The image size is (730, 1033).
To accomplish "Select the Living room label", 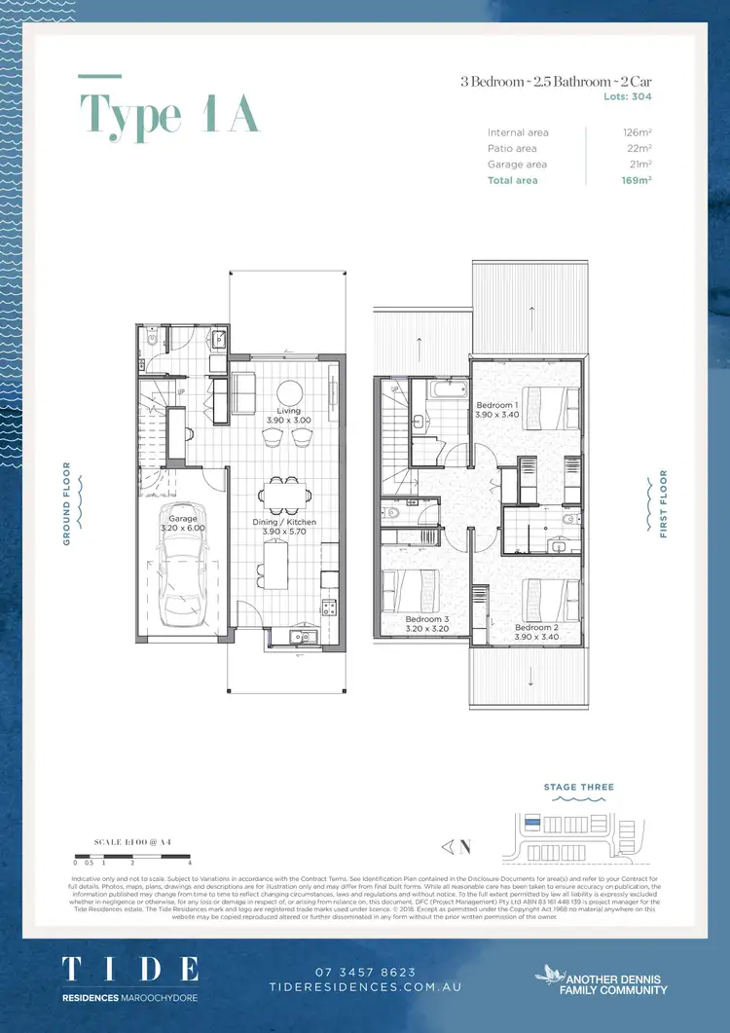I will tap(288, 412).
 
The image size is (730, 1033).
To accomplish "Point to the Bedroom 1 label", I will tap(496, 404).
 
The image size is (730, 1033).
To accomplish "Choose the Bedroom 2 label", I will tap(536, 628).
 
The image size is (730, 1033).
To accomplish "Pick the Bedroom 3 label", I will tap(427, 619).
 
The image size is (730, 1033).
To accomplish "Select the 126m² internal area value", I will tap(638, 132).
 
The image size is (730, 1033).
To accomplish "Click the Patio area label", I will tap(512, 148).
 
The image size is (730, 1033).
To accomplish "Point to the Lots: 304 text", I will tap(628, 96).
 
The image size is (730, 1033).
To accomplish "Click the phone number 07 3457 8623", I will tap(365, 972).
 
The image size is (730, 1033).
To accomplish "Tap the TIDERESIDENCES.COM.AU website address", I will tap(365, 986).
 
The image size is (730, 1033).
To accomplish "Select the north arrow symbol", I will tap(454, 846).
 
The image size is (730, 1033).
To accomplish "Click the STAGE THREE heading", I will tap(579, 787).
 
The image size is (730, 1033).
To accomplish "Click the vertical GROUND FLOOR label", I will tap(67, 502).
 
